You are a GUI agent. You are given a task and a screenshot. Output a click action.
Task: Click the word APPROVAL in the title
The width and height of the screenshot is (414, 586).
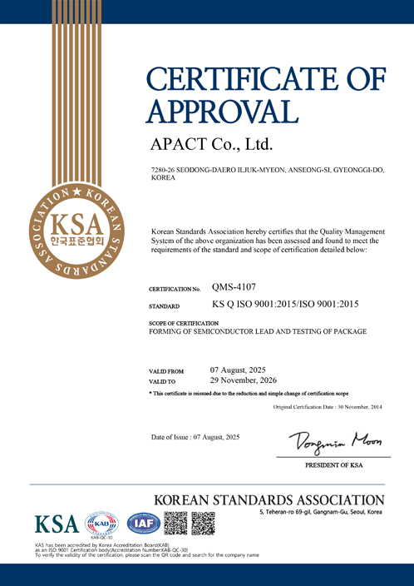[x=222, y=111]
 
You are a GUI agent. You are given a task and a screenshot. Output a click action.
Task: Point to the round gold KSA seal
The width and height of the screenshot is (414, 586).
[x=75, y=231]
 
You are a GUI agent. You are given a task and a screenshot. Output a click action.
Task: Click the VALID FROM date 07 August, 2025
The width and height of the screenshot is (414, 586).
[x=239, y=369]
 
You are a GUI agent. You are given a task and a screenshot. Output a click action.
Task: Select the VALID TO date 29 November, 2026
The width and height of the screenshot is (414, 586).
[x=244, y=380]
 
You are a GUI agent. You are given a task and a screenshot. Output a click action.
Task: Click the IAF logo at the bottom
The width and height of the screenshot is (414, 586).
[x=143, y=524]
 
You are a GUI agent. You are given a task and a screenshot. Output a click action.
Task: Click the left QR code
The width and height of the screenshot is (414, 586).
[x=175, y=524]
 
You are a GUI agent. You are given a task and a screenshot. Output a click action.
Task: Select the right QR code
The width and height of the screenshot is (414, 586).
[x=204, y=524]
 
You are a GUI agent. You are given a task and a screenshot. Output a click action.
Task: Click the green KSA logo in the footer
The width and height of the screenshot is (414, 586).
[x=56, y=524]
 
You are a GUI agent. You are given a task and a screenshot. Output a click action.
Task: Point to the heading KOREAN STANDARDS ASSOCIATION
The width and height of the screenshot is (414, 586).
[x=269, y=500]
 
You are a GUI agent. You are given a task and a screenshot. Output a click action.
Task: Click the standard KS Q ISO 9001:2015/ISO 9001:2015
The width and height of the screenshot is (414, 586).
[x=285, y=305]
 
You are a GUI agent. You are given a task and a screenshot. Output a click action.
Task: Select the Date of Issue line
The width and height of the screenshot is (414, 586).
[x=195, y=437]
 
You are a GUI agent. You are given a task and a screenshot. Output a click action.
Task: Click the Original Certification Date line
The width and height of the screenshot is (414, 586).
[x=328, y=406]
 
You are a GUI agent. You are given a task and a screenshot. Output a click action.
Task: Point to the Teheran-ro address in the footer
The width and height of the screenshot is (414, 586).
[x=321, y=512]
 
